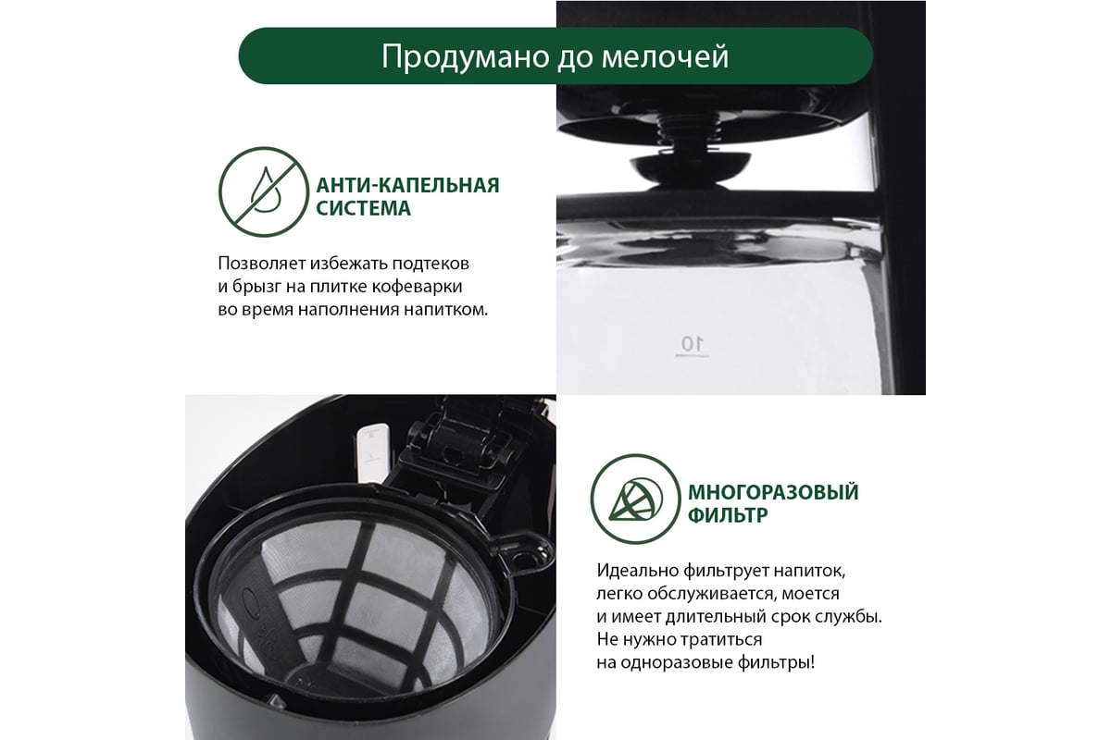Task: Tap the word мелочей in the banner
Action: click(x=665, y=56)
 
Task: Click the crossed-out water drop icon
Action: click(x=264, y=191)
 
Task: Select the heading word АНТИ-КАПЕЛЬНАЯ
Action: click(x=407, y=185)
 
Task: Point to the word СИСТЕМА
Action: click(x=364, y=208)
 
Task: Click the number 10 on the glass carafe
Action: click(x=692, y=343)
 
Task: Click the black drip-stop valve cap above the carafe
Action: click(x=691, y=167)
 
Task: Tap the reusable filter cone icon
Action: click(x=635, y=499)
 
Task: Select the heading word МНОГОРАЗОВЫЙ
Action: click(x=773, y=492)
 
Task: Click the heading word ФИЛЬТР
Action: click(x=728, y=515)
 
